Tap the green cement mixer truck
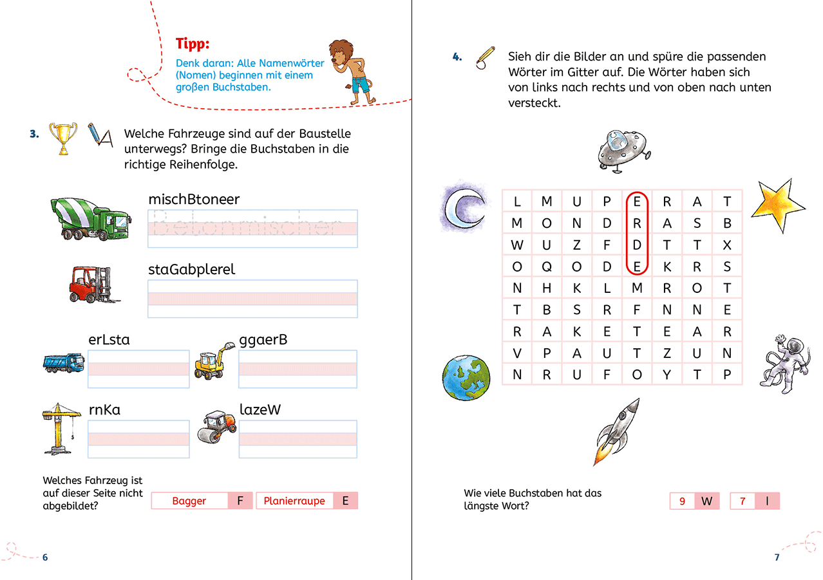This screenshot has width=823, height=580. coord(91,218)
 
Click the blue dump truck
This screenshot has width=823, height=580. coord(63,362)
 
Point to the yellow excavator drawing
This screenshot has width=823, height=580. coord(213,361)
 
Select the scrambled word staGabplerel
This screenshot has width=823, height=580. coord(191,270)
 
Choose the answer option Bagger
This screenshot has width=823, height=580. coord(189,501)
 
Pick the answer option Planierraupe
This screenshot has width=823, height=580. coord(294,501)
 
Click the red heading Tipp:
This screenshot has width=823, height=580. coord(193,44)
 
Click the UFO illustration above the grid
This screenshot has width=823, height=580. coord(617,150)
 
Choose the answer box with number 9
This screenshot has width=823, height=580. coord(682,501)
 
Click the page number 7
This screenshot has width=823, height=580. coord(777,557)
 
